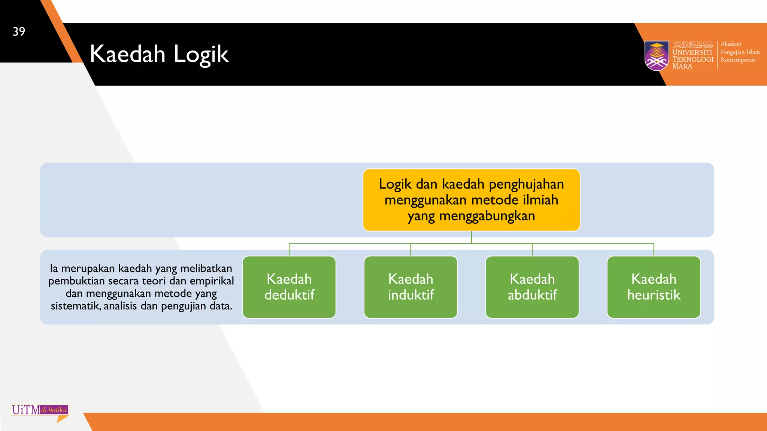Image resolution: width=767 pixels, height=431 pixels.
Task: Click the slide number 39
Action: [19, 31]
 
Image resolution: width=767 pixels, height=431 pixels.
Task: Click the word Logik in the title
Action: [201, 55]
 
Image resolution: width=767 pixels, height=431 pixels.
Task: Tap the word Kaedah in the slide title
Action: [127, 54]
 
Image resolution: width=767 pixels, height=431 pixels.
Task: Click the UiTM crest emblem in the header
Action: [657, 55]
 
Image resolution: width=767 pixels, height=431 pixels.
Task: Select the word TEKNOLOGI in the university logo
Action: [693, 59]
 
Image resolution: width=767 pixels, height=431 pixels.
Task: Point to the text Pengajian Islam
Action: [740, 52]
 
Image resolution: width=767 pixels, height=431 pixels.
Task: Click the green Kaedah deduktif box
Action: [289, 287]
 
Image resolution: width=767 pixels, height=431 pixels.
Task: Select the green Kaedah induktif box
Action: [410, 287]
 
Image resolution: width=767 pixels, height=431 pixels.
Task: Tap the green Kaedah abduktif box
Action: [532, 287]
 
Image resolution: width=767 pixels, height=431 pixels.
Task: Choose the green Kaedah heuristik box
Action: [654, 287]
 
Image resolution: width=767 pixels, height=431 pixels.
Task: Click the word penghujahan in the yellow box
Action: [526, 184]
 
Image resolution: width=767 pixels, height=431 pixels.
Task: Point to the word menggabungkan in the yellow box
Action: [487, 216]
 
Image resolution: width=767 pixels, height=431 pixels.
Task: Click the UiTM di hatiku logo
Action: [40, 410]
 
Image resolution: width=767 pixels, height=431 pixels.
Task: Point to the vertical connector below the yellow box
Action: [471, 237]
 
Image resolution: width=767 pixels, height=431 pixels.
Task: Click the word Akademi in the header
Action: [731, 44]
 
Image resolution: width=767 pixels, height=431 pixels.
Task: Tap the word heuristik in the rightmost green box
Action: [654, 295]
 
